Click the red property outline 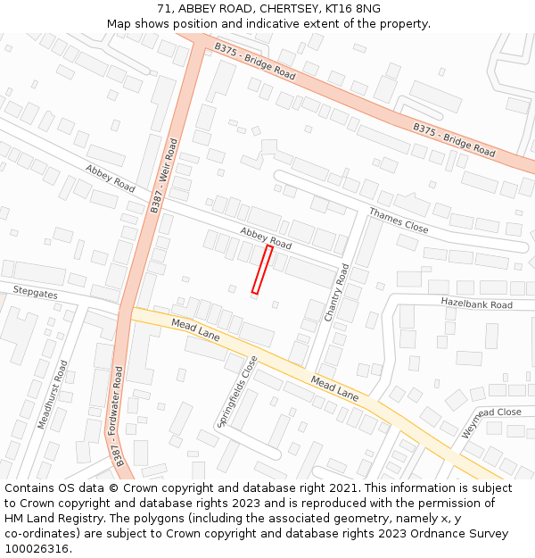262,270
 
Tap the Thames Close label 399,221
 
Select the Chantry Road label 336,293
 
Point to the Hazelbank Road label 476,304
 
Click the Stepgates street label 35,291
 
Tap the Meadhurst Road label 53,395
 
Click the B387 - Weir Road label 163,175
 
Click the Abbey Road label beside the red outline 266,237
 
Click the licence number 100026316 37,549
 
